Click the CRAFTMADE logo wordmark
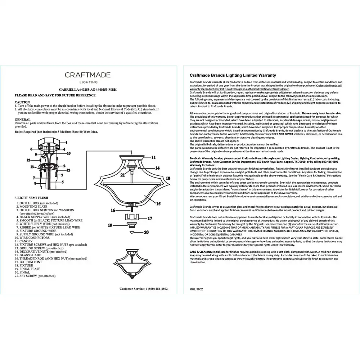[x=87, y=75]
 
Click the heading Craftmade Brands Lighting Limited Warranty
[x=233, y=76]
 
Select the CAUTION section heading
[x=22, y=102]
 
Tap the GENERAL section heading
[x=22, y=119]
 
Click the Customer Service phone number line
[x=143, y=289]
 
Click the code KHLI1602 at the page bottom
[x=197, y=288]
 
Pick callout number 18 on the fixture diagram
[x=167, y=178]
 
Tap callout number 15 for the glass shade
[x=158, y=203]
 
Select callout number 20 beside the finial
[x=146, y=233]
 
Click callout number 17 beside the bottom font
[x=150, y=218]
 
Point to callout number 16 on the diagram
[x=113, y=210]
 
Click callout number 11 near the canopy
[x=153, y=157]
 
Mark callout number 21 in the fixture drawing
[x=122, y=175]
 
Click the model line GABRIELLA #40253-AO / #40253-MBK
[x=87, y=89]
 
